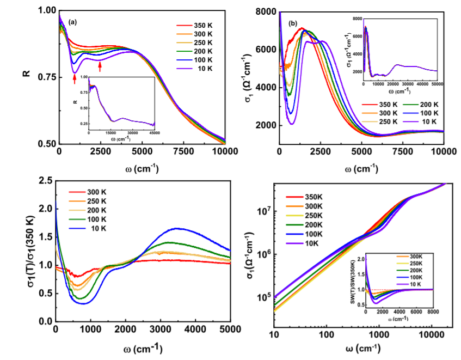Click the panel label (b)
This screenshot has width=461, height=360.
tap(293, 24)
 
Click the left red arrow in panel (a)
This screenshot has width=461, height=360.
tap(74, 80)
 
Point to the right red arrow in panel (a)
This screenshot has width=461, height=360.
tap(100, 66)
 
